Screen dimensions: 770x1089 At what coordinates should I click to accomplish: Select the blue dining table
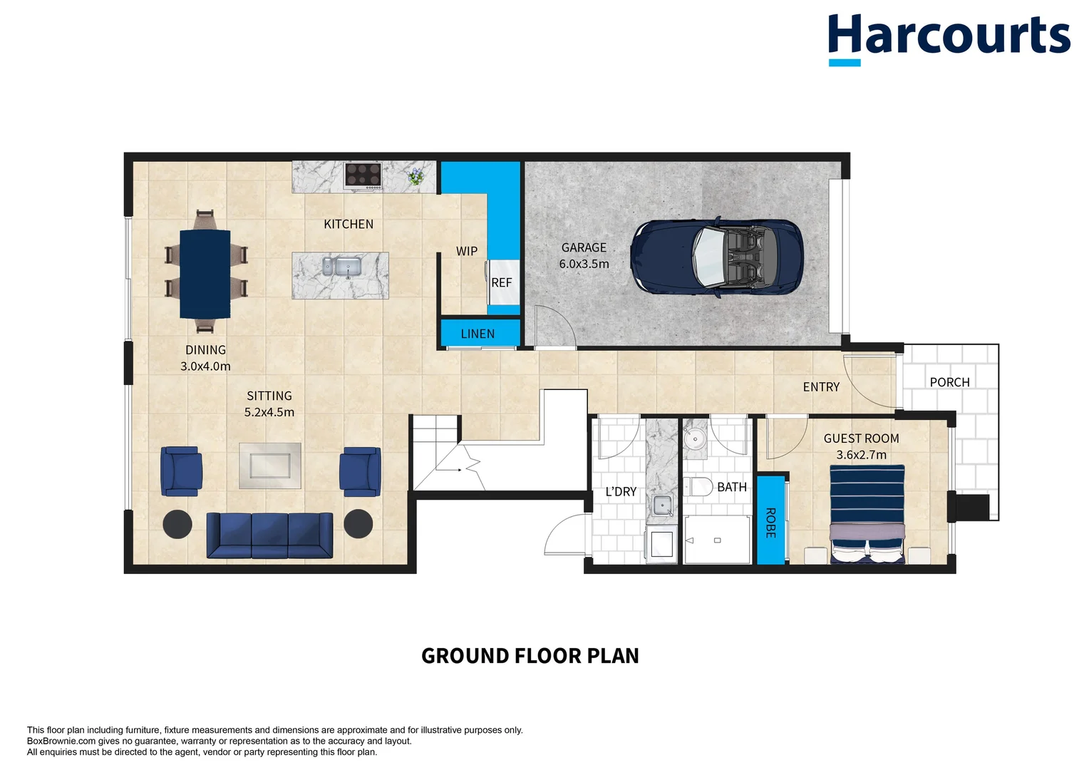205,274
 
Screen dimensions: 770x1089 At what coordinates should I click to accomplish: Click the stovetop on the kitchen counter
363,175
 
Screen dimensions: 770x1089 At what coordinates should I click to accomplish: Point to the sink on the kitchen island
341,267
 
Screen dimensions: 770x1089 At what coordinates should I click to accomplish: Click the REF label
501,283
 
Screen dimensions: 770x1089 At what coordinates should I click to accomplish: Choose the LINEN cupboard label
478,334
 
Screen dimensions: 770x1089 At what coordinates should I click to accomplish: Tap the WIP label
467,251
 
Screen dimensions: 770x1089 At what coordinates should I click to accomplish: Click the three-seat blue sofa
269,535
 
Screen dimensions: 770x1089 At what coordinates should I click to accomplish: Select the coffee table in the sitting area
269,466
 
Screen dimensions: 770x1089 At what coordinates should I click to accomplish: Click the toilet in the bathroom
699,487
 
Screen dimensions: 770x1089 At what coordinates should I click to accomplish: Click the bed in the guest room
867,513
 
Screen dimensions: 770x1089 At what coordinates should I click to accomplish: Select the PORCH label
949,382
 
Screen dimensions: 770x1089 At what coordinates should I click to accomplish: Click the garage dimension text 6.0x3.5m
584,264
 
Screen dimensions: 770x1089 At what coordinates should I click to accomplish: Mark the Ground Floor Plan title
530,656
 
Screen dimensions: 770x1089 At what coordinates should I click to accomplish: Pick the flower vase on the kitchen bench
416,176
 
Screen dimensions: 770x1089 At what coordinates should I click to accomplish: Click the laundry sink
663,506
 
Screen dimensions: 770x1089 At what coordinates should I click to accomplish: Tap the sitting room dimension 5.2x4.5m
269,412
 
